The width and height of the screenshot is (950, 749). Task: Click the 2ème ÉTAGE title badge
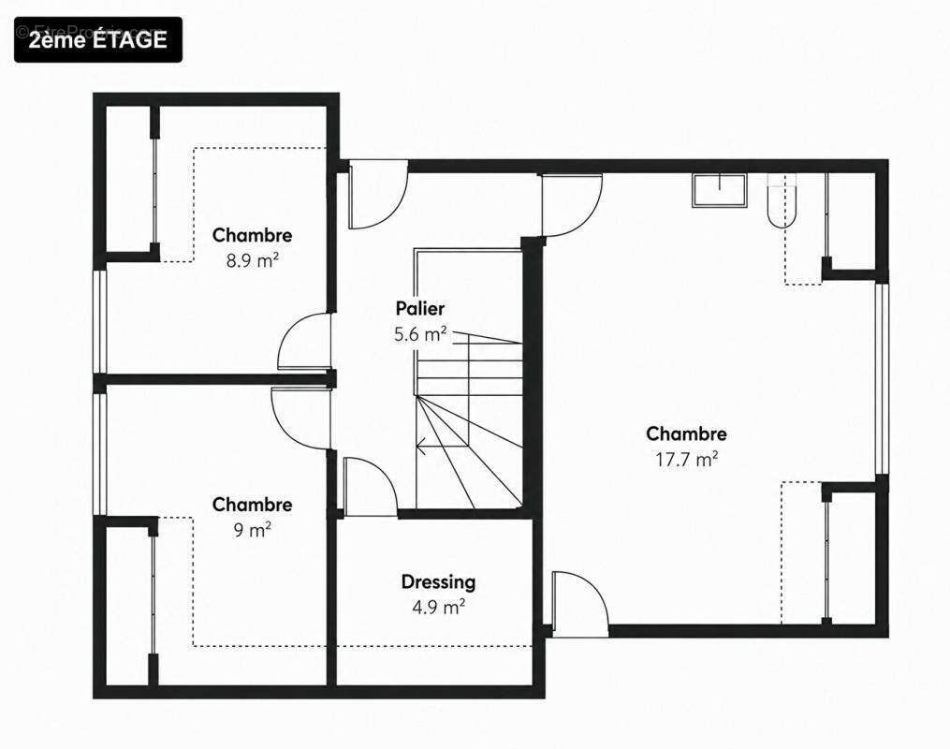(98, 39)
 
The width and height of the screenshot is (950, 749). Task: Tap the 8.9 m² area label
(252, 260)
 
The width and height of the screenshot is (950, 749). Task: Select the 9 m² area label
(252, 530)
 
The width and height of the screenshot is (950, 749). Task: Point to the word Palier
(420, 308)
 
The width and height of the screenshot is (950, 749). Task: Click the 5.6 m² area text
(420, 334)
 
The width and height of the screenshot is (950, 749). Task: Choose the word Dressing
(438, 582)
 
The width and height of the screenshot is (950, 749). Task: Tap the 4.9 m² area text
(439, 607)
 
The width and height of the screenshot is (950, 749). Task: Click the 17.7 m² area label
(686, 460)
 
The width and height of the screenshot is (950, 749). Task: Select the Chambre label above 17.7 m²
(686, 433)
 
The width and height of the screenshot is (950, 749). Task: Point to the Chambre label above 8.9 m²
(252, 235)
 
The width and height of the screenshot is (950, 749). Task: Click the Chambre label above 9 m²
(252, 505)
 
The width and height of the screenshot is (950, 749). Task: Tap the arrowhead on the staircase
(420, 446)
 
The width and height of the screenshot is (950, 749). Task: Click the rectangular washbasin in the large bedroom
(719, 191)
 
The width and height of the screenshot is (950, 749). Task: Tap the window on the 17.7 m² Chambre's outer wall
(882, 378)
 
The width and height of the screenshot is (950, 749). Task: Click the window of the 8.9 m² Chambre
(99, 321)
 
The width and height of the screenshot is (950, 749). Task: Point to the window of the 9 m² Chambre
(99, 454)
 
